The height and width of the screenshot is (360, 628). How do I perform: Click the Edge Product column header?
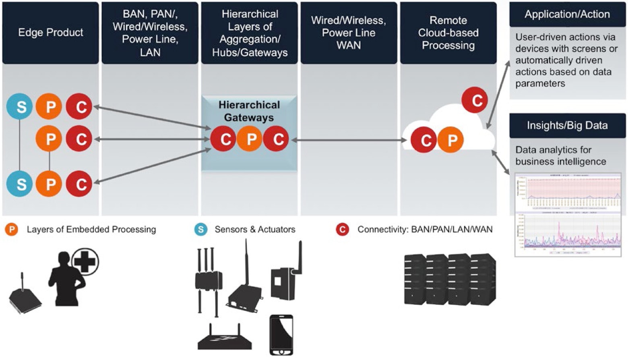[x=50, y=33]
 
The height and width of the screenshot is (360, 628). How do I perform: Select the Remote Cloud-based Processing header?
[x=448, y=33]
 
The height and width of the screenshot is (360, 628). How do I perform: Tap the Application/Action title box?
[x=567, y=14]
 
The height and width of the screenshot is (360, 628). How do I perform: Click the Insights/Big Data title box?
[x=567, y=126]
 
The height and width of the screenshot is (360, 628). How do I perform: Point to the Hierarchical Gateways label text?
[x=249, y=111]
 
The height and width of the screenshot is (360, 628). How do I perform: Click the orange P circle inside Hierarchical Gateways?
[x=250, y=139]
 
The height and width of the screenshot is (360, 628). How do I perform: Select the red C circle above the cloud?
[x=475, y=100]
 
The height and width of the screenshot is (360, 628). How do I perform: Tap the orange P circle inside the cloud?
[x=450, y=140]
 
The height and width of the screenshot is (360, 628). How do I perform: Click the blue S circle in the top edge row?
[x=20, y=107]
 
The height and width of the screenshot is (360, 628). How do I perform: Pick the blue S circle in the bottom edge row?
[x=20, y=184]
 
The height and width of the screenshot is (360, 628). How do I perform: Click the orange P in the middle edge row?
[x=49, y=139]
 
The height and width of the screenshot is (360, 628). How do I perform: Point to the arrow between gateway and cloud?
[x=349, y=140]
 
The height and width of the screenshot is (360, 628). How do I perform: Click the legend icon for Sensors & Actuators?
[x=200, y=230]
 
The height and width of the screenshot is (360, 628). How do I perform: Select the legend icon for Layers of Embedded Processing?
[x=12, y=230]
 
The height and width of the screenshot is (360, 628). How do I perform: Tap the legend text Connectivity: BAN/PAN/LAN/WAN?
[x=425, y=230]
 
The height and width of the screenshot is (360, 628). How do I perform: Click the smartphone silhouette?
[x=281, y=335]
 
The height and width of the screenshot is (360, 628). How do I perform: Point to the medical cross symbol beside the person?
[x=85, y=262]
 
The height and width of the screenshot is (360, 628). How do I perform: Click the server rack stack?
[x=450, y=279]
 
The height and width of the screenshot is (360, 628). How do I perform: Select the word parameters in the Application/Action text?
[x=540, y=84]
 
